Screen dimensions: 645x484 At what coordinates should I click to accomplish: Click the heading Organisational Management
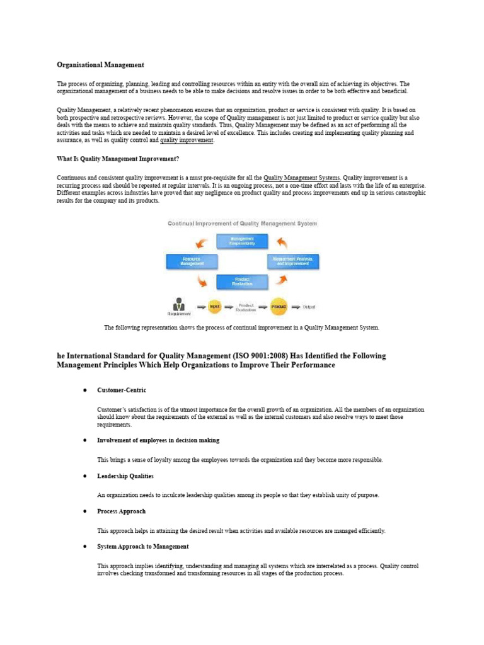click(100, 65)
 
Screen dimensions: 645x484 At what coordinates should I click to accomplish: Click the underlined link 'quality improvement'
click(187, 140)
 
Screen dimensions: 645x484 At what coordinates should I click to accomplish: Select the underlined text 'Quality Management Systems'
click(301, 178)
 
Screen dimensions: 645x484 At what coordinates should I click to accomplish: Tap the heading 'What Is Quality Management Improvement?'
click(118, 159)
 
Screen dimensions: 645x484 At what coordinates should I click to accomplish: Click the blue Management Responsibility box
click(242, 241)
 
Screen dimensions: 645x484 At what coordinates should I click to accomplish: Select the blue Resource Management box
click(192, 261)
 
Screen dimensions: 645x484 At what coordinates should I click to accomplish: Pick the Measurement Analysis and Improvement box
click(293, 261)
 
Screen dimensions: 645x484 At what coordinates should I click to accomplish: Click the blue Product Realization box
click(242, 282)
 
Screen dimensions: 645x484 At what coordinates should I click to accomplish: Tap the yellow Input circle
click(215, 307)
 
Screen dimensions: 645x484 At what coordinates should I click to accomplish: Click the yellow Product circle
click(279, 307)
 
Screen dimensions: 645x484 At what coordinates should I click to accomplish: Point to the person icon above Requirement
click(179, 304)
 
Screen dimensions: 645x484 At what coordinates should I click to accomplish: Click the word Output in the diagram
click(309, 307)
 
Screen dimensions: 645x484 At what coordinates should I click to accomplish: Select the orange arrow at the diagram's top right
click(283, 243)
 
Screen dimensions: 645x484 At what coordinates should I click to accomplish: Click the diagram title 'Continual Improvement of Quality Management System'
click(242, 224)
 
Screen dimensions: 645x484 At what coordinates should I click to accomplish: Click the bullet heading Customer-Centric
click(122, 391)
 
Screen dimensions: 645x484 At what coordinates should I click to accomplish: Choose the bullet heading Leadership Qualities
click(125, 476)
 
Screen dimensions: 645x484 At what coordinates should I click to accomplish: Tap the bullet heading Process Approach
click(121, 511)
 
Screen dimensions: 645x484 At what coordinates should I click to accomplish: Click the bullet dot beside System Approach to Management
click(84, 547)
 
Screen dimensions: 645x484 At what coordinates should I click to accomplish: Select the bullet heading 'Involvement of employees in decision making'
click(158, 440)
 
